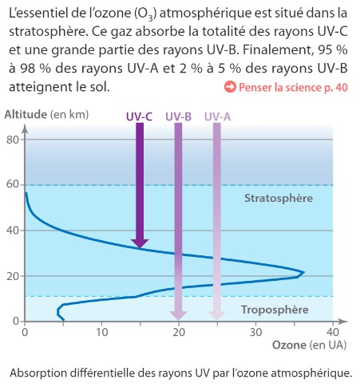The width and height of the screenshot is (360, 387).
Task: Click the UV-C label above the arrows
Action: point(139,116)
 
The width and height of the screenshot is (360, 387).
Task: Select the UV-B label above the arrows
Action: point(178,116)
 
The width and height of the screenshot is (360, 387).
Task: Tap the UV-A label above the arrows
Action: point(217,116)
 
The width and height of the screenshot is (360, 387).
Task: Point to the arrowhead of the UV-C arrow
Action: point(140,243)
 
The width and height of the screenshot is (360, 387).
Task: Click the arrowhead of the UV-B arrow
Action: point(179,315)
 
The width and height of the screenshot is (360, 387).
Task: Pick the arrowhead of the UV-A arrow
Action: point(217,315)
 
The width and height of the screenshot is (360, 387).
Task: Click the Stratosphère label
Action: point(279,198)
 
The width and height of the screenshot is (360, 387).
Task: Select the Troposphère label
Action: point(275,310)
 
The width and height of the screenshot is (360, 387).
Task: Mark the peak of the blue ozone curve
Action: point(303,273)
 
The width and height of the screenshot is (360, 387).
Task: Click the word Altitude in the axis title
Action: point(26,114)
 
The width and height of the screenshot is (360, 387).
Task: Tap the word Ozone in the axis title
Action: point(289,346)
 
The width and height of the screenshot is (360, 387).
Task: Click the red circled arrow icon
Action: point(230,87)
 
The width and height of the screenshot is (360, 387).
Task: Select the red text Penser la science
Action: point(280,87)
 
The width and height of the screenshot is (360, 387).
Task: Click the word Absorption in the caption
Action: point(38,373)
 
